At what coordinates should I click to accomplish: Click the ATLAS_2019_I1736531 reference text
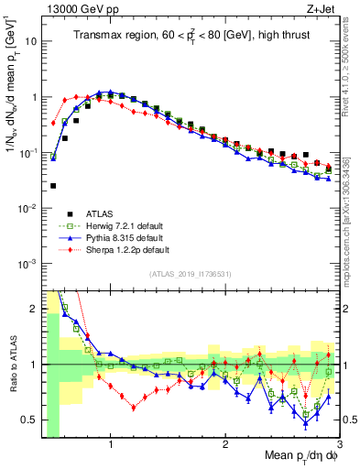click(190, 274)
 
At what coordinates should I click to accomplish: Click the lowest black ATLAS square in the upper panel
click(53, 186)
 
